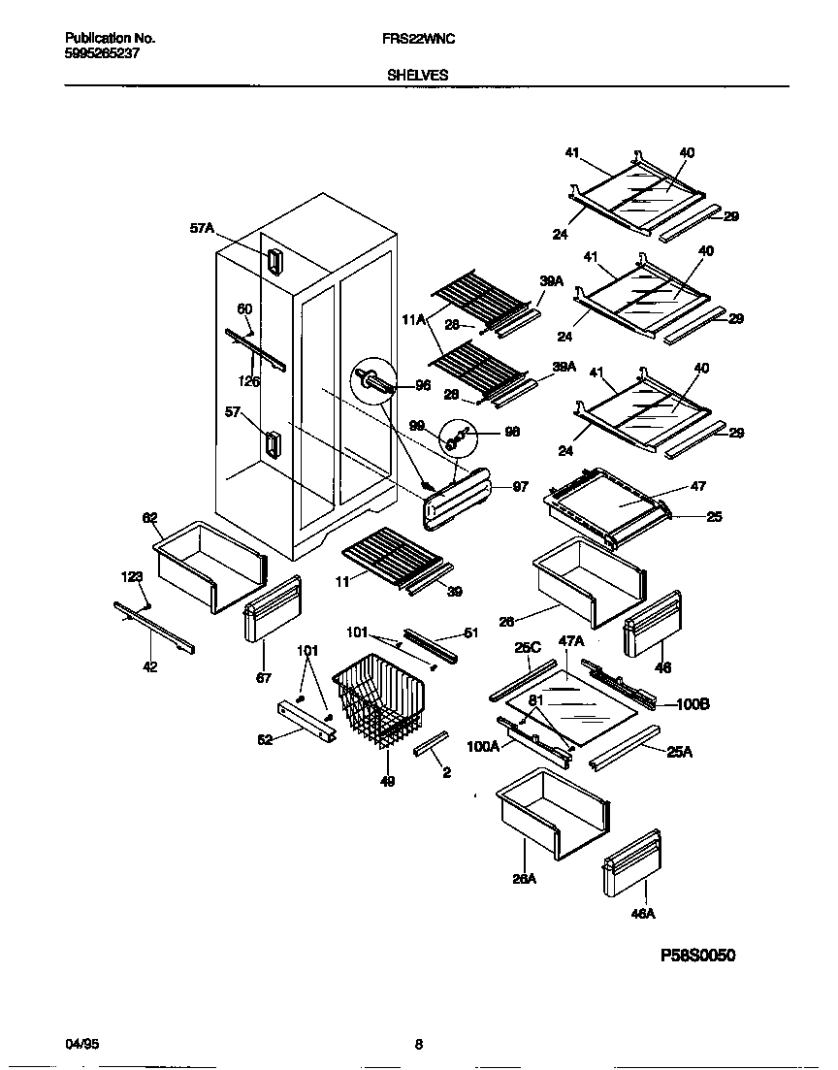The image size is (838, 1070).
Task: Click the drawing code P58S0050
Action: tap(698, 956)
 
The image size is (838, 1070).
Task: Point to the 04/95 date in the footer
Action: tap(81, 1045)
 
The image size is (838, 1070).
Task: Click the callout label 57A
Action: tap(202, 230)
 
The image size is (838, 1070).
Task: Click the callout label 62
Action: tap(150, 518)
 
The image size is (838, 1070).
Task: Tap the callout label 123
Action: tap(132, 577)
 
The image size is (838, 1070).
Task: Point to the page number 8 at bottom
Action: tap(419, 1045)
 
